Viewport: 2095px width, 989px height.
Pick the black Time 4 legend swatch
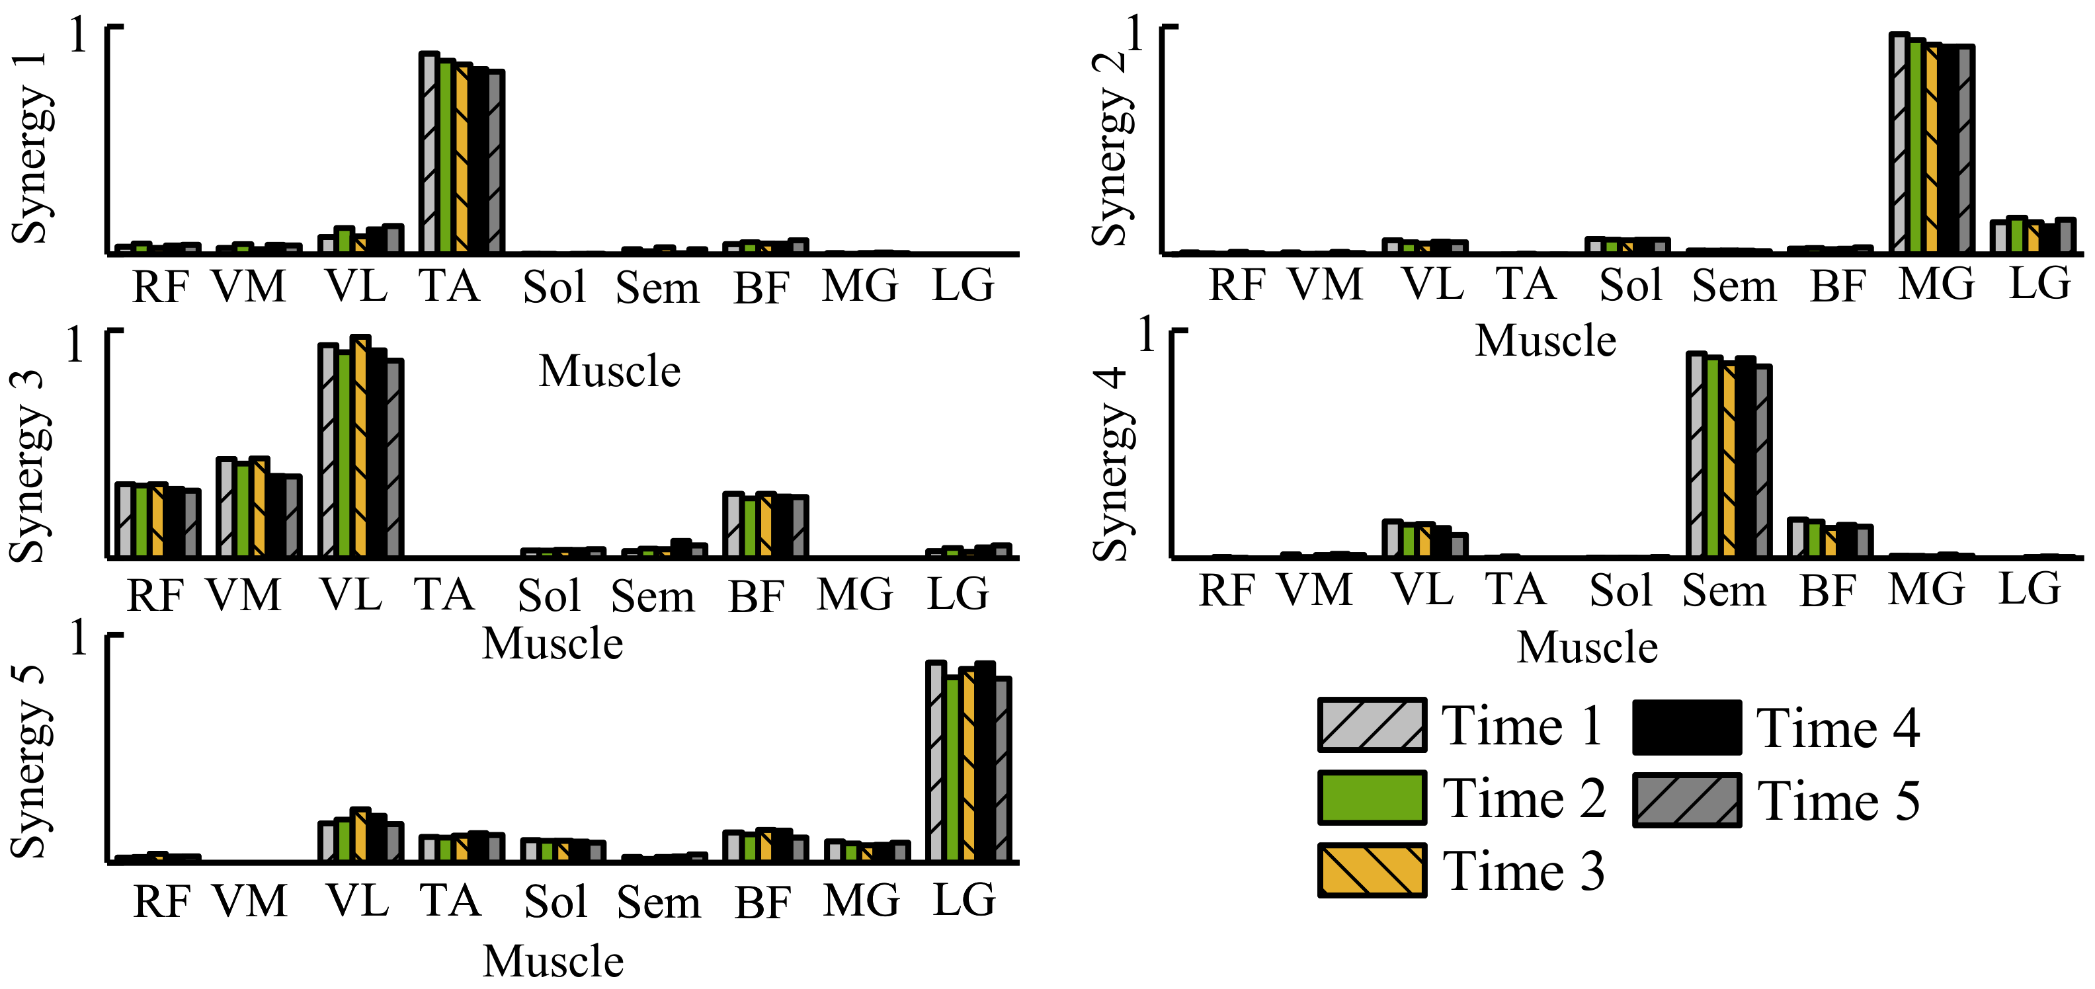tap(1687, 727)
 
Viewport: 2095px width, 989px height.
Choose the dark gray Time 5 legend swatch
tap(1687, 801)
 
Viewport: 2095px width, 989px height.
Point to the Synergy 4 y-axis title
tap(1111, 463)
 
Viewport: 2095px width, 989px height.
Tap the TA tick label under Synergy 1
tap(449, 286)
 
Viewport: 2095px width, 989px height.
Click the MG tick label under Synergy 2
tap(1936, 285)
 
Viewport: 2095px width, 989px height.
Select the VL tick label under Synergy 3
tap(351, 594)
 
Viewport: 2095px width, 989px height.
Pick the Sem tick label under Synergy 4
tap(1724, 590)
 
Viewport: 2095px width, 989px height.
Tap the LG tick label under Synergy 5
tap(964, 900)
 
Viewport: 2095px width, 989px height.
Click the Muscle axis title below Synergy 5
tap(553, 961)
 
